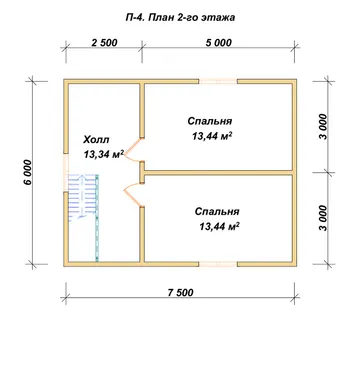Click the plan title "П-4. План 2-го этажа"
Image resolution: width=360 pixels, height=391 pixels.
point(180,17)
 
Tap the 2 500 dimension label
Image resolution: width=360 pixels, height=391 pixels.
point(104,43)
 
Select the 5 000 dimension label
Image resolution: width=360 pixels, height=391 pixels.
point(218,43)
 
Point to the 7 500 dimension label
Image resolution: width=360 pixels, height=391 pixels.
point(180,292)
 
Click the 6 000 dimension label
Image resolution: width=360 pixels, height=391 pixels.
point(28,172)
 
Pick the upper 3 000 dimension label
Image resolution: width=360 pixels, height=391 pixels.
point(323,127)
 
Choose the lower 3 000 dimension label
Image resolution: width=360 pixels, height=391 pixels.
point(323,218)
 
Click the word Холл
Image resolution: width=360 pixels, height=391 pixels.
point(96,139)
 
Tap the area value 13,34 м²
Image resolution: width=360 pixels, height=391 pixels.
point(104,154)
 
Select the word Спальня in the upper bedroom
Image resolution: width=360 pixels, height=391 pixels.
point(210,121)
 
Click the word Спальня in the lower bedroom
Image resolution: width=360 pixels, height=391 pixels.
point(217,212)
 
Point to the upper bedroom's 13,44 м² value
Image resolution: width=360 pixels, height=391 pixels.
point(212,136)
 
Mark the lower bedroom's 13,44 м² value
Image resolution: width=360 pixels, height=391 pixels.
point(220,227)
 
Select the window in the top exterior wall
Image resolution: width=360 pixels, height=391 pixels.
point(218,82)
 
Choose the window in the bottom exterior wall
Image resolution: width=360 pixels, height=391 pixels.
point(218,264)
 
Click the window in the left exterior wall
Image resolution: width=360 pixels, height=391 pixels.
point(66,173)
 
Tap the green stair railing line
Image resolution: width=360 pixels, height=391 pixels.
point(97,217)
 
